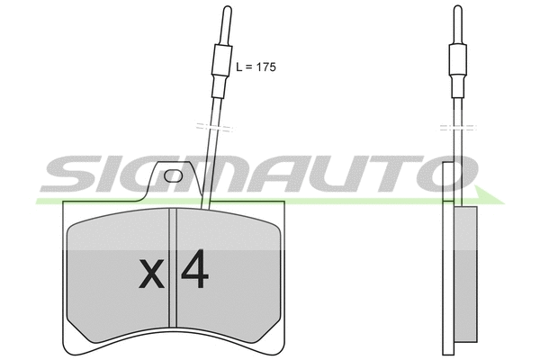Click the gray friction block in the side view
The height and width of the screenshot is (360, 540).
(x=467, y=275)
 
